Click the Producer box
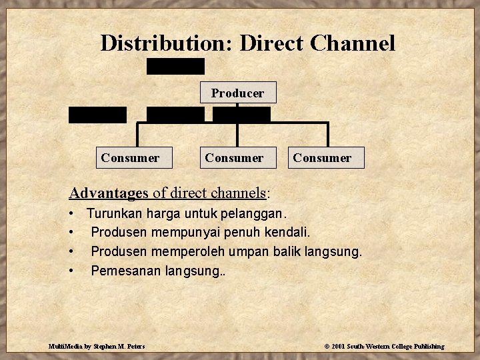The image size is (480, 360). point(238,93)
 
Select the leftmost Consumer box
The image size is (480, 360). point(131,158)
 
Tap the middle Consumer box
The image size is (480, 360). point(234,158)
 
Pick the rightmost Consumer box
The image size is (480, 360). point(321,158)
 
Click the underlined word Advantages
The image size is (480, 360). point(109,194)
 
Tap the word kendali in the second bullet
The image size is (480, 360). point(290,233)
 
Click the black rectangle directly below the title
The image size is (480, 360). point(176,66)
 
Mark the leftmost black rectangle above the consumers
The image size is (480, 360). point(97,115)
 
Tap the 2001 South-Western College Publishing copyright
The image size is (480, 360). point(384,347)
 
